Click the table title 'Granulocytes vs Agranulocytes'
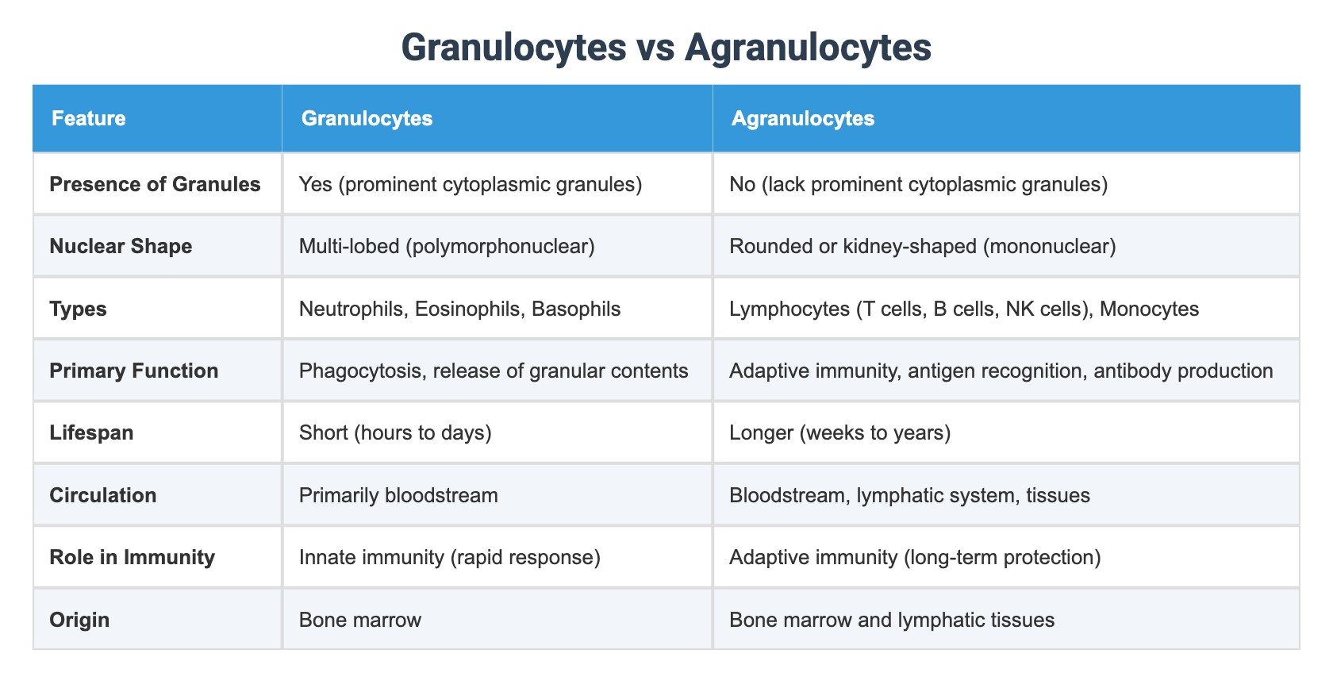tap(666, 48)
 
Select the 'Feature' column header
tap(88, 119)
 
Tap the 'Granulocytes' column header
tap(367, 119)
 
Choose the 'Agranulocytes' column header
tap(803, 119)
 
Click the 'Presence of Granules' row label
tap(155, 184)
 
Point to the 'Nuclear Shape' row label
tap(121, 246)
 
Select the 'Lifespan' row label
tap(91, 433)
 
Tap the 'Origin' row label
tap(79, 620)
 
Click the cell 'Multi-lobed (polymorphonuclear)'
tap(447, 246)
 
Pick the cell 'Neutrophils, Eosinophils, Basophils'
tap(459, 309)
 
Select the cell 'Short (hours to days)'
tap(395, 433)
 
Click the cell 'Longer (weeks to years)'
tap(839, 433)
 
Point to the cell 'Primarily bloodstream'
tap(398, 496)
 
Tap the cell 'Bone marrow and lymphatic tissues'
tap(892, 620)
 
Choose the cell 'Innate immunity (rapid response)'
tap(449, 558)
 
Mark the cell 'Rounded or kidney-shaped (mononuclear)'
tap(922, 246)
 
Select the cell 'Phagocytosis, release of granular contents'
tap(494, 371)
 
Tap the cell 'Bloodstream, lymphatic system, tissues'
tap(909, 496)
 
